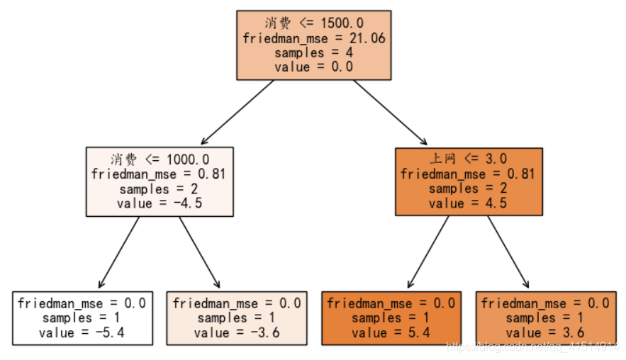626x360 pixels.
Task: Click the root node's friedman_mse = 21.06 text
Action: [313, 38]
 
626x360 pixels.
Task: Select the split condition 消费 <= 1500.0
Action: [313, 23]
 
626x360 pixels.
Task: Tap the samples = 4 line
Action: [313, 52]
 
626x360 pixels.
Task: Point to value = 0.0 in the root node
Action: [313, 67]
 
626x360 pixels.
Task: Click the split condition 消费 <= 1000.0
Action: [160, 159]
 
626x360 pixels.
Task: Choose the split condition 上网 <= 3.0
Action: [469, 159]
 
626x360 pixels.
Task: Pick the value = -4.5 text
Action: [160, 203]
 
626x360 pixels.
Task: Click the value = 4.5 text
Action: [469, 203]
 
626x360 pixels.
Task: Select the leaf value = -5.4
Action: [82, 332]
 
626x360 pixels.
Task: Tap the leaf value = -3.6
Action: [237, 332]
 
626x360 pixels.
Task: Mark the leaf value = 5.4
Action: [391, 332]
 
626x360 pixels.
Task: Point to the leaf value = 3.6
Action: [546, 332]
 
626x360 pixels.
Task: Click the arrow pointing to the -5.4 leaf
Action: [119, 252]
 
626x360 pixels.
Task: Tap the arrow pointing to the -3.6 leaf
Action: [200, 252]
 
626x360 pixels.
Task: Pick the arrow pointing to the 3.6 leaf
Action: [508, 252]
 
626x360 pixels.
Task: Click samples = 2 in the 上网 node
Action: [469, 189]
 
